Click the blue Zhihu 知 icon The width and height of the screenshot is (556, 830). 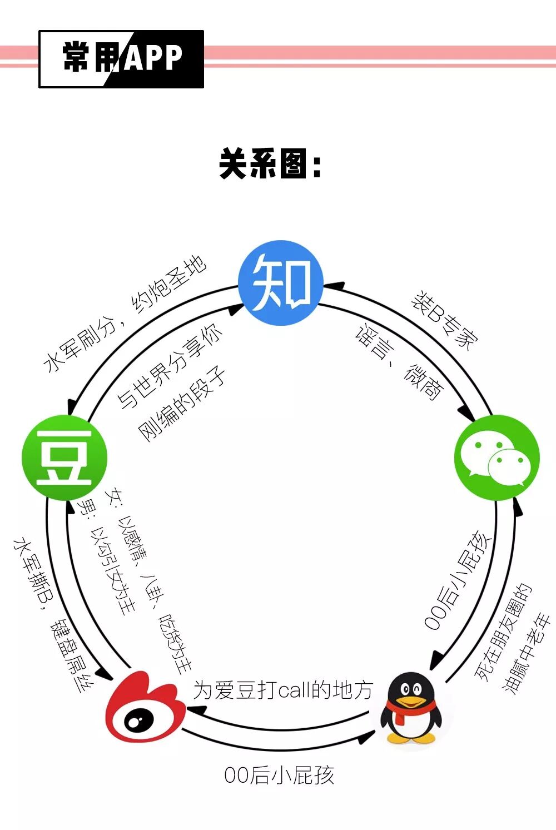point(281,282)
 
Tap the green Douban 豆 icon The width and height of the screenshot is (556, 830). point(64,458)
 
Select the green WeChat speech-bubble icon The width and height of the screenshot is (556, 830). point(497,458)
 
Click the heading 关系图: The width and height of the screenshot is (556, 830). point(271,164)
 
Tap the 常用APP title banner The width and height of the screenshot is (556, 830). point(121,59)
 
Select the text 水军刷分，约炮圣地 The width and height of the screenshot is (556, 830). point(125,314)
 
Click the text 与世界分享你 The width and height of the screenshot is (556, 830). point(170,366)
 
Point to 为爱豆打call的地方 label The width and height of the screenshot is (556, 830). point(282,690)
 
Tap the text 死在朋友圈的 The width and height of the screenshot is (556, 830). point(504,632)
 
